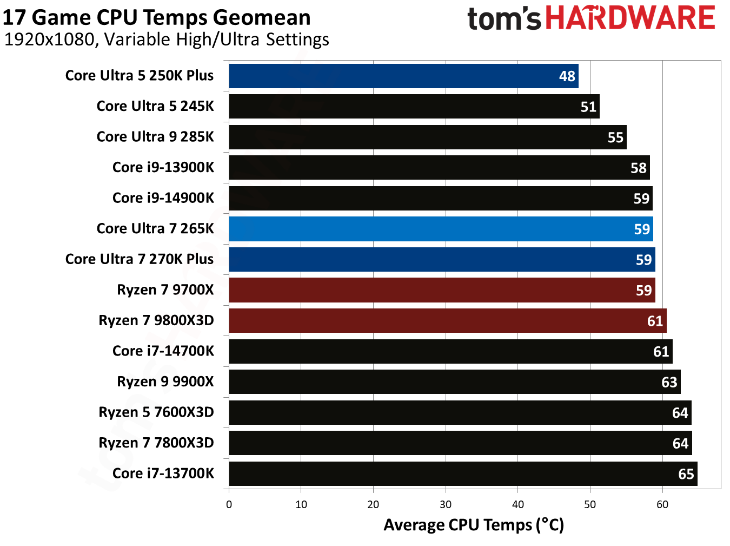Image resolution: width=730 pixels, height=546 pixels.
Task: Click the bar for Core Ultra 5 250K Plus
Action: [403, 76]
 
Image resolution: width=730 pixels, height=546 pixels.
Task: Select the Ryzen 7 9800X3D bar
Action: [447, 320]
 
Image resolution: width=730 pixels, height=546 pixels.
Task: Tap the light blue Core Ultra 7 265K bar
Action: [441, 229]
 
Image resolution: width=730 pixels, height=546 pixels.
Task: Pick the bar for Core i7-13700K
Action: [462, 473]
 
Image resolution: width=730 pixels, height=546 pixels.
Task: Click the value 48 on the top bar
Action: [567, 76]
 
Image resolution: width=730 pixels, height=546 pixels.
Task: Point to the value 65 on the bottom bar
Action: [686, 475]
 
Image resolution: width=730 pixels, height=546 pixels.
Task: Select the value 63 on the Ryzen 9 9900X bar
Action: [669, 383]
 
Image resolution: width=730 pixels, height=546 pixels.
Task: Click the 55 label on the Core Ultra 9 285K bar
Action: [615, 137]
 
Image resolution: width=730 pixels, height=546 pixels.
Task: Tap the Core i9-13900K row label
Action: [163, 167]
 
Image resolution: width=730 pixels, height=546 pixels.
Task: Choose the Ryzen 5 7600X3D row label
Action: [156, 412]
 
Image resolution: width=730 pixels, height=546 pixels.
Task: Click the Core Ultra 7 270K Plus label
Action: [139, 259]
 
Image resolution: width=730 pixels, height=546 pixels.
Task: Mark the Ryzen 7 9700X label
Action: [165, 290]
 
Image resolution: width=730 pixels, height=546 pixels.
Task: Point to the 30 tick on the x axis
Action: [446, 505]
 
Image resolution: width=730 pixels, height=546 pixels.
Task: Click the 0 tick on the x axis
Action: [229, 505]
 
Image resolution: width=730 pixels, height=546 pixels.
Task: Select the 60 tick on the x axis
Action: [662, 505]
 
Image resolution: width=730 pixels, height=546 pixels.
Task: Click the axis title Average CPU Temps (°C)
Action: [474, 525]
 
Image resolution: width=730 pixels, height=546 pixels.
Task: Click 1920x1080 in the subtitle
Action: [49, 40]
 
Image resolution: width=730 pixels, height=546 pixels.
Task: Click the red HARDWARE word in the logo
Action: [630, 18]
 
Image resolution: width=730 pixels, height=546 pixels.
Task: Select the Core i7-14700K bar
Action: [450, 351]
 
